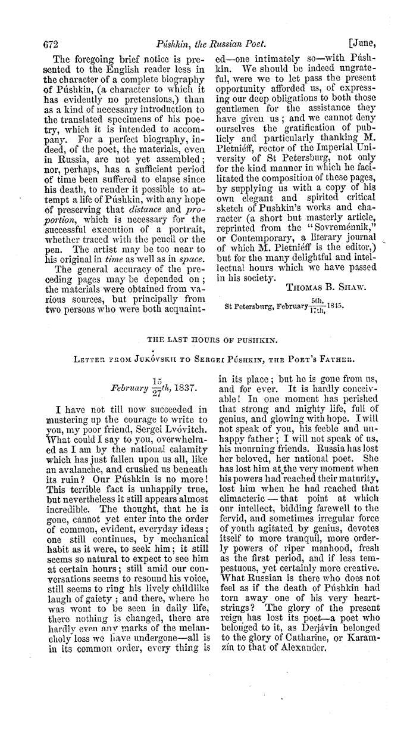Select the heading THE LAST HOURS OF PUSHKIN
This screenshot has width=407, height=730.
tap(203, 339)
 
